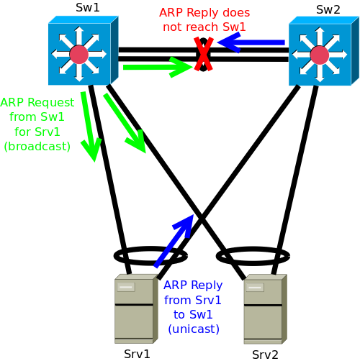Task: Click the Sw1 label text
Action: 88,7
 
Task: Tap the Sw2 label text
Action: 328,10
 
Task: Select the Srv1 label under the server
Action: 137,354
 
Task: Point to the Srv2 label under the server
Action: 265,355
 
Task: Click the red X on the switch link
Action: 204,54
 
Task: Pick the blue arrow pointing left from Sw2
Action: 251,42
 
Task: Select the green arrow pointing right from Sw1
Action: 158,67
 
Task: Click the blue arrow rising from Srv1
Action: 174,241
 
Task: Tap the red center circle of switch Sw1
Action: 79,55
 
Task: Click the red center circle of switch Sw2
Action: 320,55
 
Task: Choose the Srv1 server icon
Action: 136,309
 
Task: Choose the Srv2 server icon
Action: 266,309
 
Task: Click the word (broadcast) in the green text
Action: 37,146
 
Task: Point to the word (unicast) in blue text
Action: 194,329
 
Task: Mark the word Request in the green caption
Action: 51,103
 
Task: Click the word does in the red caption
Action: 236,12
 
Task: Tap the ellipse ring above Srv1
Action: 150,247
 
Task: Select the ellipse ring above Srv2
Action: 253,247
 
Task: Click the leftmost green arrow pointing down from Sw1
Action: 89,127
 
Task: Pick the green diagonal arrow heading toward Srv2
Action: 125,123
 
